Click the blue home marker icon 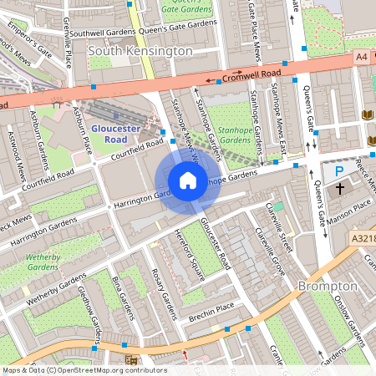(188, 180)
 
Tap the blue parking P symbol (338, 170)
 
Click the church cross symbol (340, 190)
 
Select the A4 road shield (360, 56)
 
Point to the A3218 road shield (363, 237)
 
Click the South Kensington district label (140, 51)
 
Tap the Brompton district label (328, 286)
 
